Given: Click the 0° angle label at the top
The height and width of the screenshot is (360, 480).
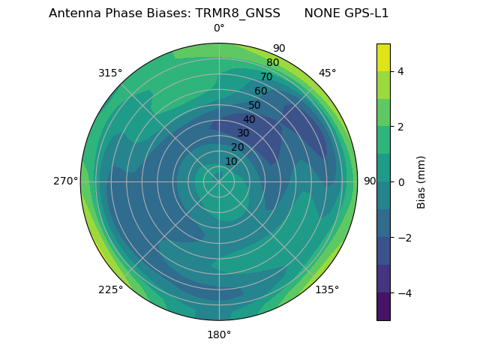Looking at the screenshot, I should (x=219, y=28).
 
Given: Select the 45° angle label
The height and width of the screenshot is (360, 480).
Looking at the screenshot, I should (x=327, y=73).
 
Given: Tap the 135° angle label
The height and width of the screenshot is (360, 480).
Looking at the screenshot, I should (x=327, y=289).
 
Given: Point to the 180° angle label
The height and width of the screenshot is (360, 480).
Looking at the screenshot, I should (x=219, y=334).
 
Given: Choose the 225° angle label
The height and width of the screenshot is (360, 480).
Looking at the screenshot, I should (x=110, y=289).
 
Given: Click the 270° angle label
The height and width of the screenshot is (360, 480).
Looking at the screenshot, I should (x=65, y=181).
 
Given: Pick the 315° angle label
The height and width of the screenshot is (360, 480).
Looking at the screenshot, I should (x=110, y=73).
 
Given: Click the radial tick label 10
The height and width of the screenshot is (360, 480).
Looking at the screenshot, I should (x=231, y=161).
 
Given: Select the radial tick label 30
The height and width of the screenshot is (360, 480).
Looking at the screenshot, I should (x=243, y=133).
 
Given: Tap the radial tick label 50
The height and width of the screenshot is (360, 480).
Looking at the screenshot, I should (x=255, y=105).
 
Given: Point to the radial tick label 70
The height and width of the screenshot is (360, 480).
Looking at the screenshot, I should (x=266, y=76).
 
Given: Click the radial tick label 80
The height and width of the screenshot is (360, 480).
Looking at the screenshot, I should (x=272, y=63).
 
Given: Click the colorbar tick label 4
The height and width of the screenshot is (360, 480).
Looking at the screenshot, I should (x=400, y=71).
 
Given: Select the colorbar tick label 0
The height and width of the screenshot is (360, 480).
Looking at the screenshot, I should (x=400, y=181).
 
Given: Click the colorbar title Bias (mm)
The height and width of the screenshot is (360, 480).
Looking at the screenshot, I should (x=421, y=181).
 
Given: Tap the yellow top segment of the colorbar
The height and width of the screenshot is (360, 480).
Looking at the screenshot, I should (x=383, y=57).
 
